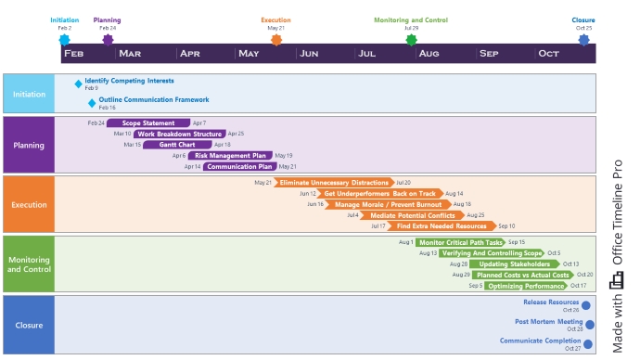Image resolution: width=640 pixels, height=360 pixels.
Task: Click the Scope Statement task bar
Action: (148, 123)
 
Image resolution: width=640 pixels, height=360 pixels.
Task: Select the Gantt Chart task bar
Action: (177, 145)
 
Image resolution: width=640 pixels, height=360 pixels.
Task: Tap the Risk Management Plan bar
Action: (231, 156)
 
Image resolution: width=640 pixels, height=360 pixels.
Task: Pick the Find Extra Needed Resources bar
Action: (441, 226)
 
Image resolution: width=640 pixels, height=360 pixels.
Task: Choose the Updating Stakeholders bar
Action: (511, 264)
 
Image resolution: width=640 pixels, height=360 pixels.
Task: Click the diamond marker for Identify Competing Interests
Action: (79, 84)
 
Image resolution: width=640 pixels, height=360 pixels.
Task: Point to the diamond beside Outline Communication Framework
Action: (92, 103)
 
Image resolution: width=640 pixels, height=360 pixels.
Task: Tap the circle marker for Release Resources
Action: (586, 304)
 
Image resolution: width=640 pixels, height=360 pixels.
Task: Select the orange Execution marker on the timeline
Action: (275, 39)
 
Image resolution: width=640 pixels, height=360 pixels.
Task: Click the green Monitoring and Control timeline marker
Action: (411, 39)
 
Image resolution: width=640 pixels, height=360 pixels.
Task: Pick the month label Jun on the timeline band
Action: (310, 54)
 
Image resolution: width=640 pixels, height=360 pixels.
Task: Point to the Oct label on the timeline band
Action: (549, 54)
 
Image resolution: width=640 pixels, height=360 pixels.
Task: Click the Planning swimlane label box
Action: (29, 145)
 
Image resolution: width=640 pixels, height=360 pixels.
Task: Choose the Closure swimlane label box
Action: (29, 325)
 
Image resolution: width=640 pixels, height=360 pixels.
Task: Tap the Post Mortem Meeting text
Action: (549, 322)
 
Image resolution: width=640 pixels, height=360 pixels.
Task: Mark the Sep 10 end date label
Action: (506, 226)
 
